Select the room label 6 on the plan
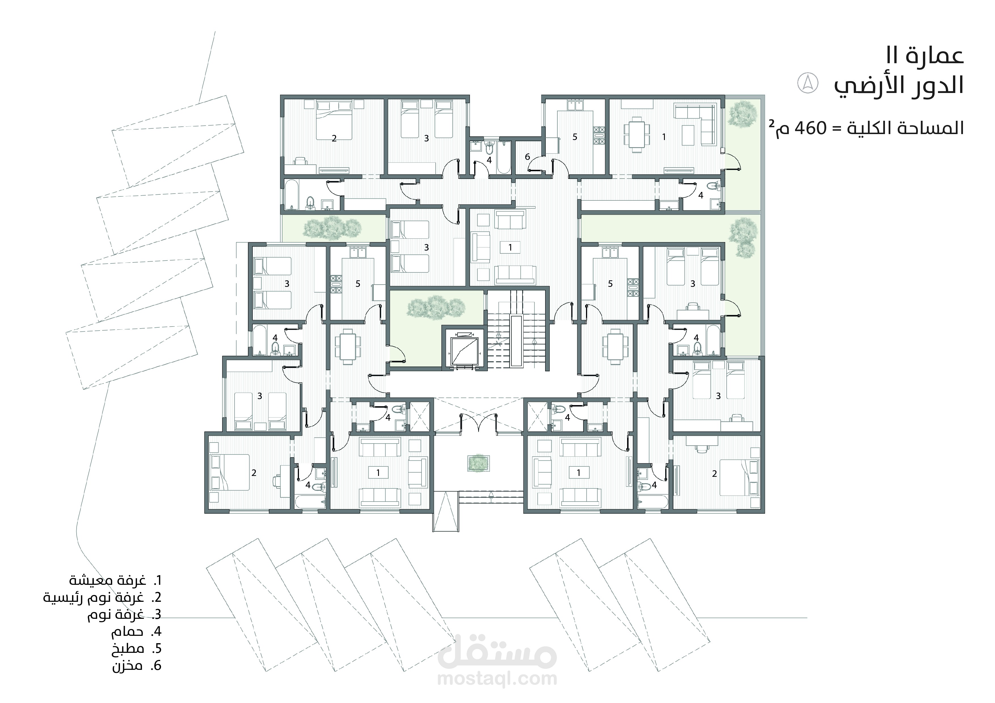527,157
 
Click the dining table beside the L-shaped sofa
636,134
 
